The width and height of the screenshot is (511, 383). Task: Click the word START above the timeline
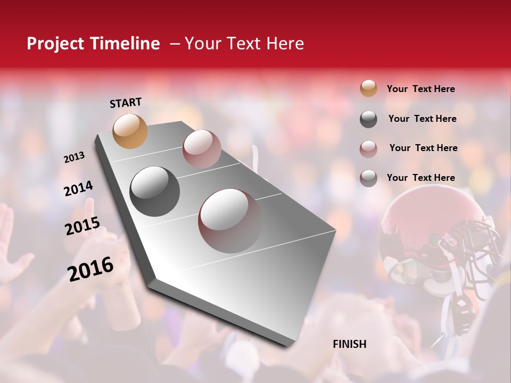click(x=126, y=103)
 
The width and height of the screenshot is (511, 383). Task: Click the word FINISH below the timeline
click(x=350, y=344)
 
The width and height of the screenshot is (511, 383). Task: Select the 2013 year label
click(x=74, y=157)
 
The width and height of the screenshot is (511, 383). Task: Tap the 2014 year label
click(x=78, y=188)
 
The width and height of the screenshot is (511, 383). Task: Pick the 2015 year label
click(x=83, y=226)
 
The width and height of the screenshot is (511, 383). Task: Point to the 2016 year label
click(x=90, y=269)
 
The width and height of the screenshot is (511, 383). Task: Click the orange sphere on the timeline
click(x=130, y=131)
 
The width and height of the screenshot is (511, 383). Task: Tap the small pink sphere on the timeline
click(x=202, y=149)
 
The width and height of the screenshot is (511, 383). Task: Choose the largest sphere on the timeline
click(x=230, y=221)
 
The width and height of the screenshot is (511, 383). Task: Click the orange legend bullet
click(x=368, y=89)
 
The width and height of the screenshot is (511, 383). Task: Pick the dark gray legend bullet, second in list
click(x=368, y=119)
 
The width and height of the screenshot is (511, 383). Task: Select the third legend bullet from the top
click(x=368, y=148)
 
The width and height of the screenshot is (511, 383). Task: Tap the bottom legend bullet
click(x=368, y=178)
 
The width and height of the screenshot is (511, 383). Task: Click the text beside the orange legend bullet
click(x=421, y=89)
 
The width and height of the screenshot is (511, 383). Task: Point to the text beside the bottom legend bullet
click(x=421, y=178)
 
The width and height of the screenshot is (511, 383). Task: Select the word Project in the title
click(x=55, y=44)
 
